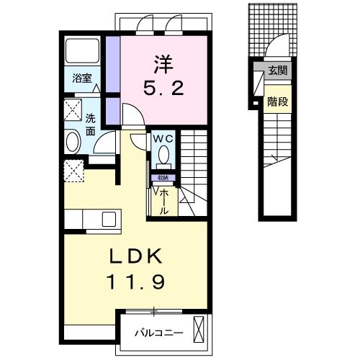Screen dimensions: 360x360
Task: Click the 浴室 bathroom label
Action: (81, 78)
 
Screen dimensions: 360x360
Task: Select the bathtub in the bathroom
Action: (83, 51)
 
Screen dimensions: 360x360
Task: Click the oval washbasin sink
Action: (72, 140)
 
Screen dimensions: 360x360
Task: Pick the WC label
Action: (163, 138)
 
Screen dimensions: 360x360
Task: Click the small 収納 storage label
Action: (163, 178)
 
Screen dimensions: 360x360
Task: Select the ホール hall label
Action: (164, 200)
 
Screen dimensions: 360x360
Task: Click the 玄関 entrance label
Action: (277, 71)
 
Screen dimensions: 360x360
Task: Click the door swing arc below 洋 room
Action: (130, 115)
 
